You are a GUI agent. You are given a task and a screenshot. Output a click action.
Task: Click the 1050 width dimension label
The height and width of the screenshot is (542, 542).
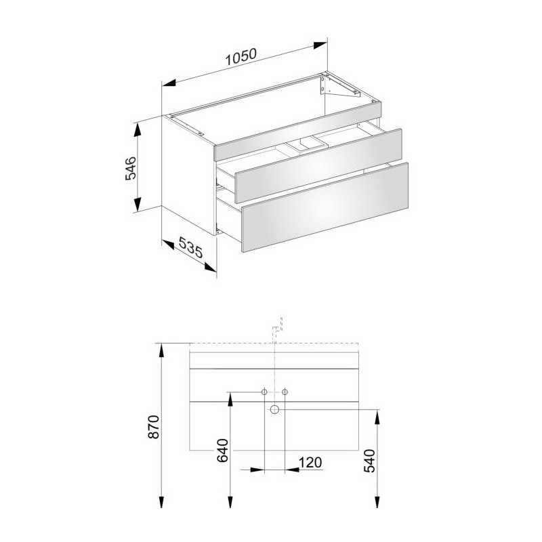[241, 58]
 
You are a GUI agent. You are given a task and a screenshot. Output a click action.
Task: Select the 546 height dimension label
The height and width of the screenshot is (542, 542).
[131, 168]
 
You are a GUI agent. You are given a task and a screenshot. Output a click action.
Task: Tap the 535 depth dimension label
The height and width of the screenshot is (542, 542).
[190, 248]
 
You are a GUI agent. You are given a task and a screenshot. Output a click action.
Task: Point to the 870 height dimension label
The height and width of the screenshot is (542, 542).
[154, 427]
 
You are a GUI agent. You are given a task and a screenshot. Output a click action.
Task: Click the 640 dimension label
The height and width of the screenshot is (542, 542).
[223, 451]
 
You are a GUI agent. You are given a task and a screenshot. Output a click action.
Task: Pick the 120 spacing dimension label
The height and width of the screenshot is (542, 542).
[310, 463]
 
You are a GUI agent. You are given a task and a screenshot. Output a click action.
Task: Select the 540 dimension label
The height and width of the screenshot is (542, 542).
[369, 461]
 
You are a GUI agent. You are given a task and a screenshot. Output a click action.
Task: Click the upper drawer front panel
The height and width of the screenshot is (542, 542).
[318, 166]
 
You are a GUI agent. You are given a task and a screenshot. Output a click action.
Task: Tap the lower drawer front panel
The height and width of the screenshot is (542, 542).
[325, 207]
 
